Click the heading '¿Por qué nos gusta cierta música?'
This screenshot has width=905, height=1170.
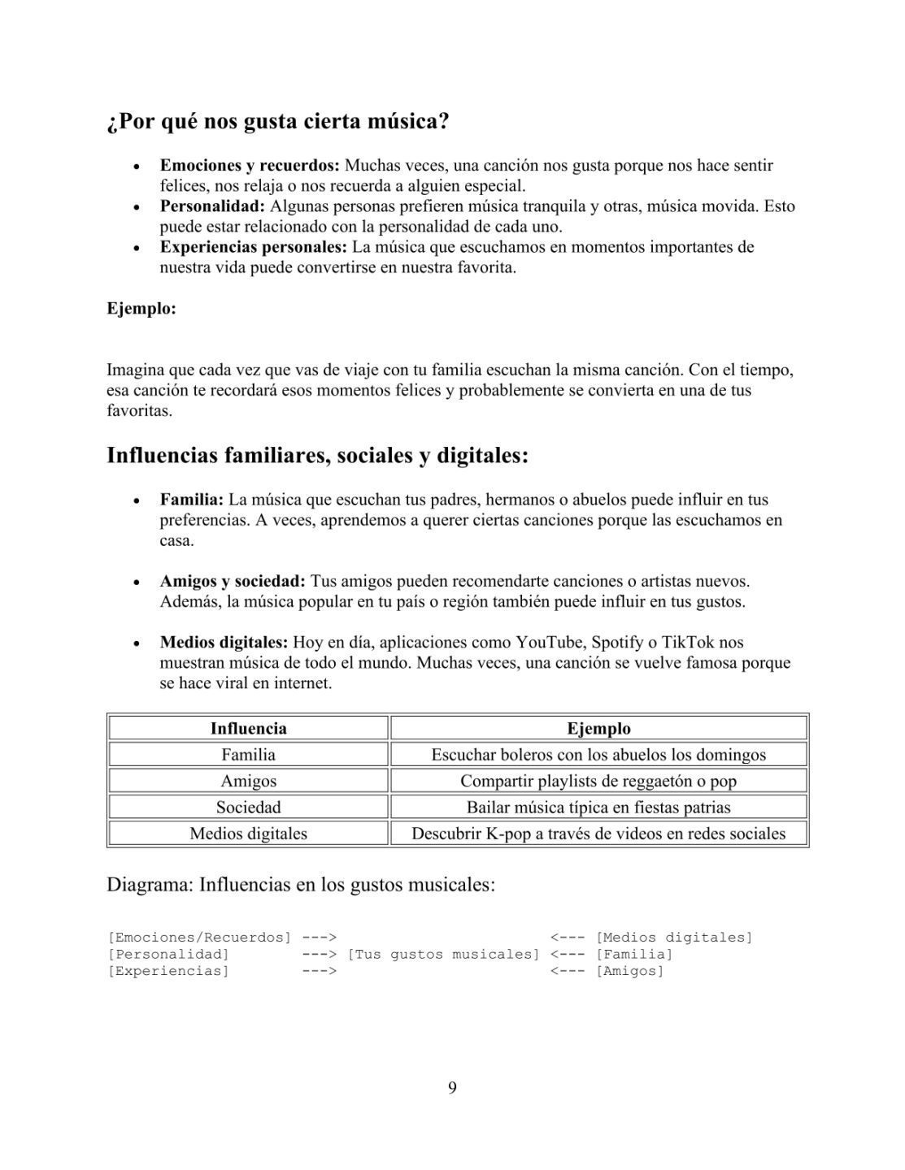pyautogui.click(x=277, y=123)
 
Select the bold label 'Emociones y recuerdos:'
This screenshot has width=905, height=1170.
pyautogui.click(x=250, y=166)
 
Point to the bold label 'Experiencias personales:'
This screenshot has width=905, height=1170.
pyautogui.click(x=254, y=247)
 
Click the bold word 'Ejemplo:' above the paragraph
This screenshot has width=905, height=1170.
pyautogui.click(x=141, y=309)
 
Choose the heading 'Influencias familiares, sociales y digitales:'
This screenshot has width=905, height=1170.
pyautogui.click(x=317, y=456)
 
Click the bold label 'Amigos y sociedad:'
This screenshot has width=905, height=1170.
pyautogui.click(x=233, y=582)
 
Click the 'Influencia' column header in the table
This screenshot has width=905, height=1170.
pyautogui.click(x=248, y=729)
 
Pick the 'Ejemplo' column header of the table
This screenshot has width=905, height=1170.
pyautogui.click(x=598, y=729)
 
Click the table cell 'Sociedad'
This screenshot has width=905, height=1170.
pyautogui.click(x=248, y=807)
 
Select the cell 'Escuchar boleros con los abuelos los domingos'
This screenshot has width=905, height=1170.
pyautogui.click(x=598, y=755)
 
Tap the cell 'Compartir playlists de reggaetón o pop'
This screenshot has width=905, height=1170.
pyautogui.click(x=598, y=781)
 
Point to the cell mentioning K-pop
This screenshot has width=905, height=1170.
pyautogui.click(x=598, y=834)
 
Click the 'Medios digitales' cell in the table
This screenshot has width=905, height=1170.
pyautogui.click(x=248, y=834)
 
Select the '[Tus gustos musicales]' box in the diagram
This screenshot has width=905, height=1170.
pyautogui.click(x=443, y=954)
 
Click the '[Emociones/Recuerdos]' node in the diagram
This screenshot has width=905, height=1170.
pyautogui.click(x=199, y=938)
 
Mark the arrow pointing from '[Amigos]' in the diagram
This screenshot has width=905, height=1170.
pyautogui.click(x=568, y=971)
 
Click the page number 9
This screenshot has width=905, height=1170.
pyautogui.click(x=452, y=1088)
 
